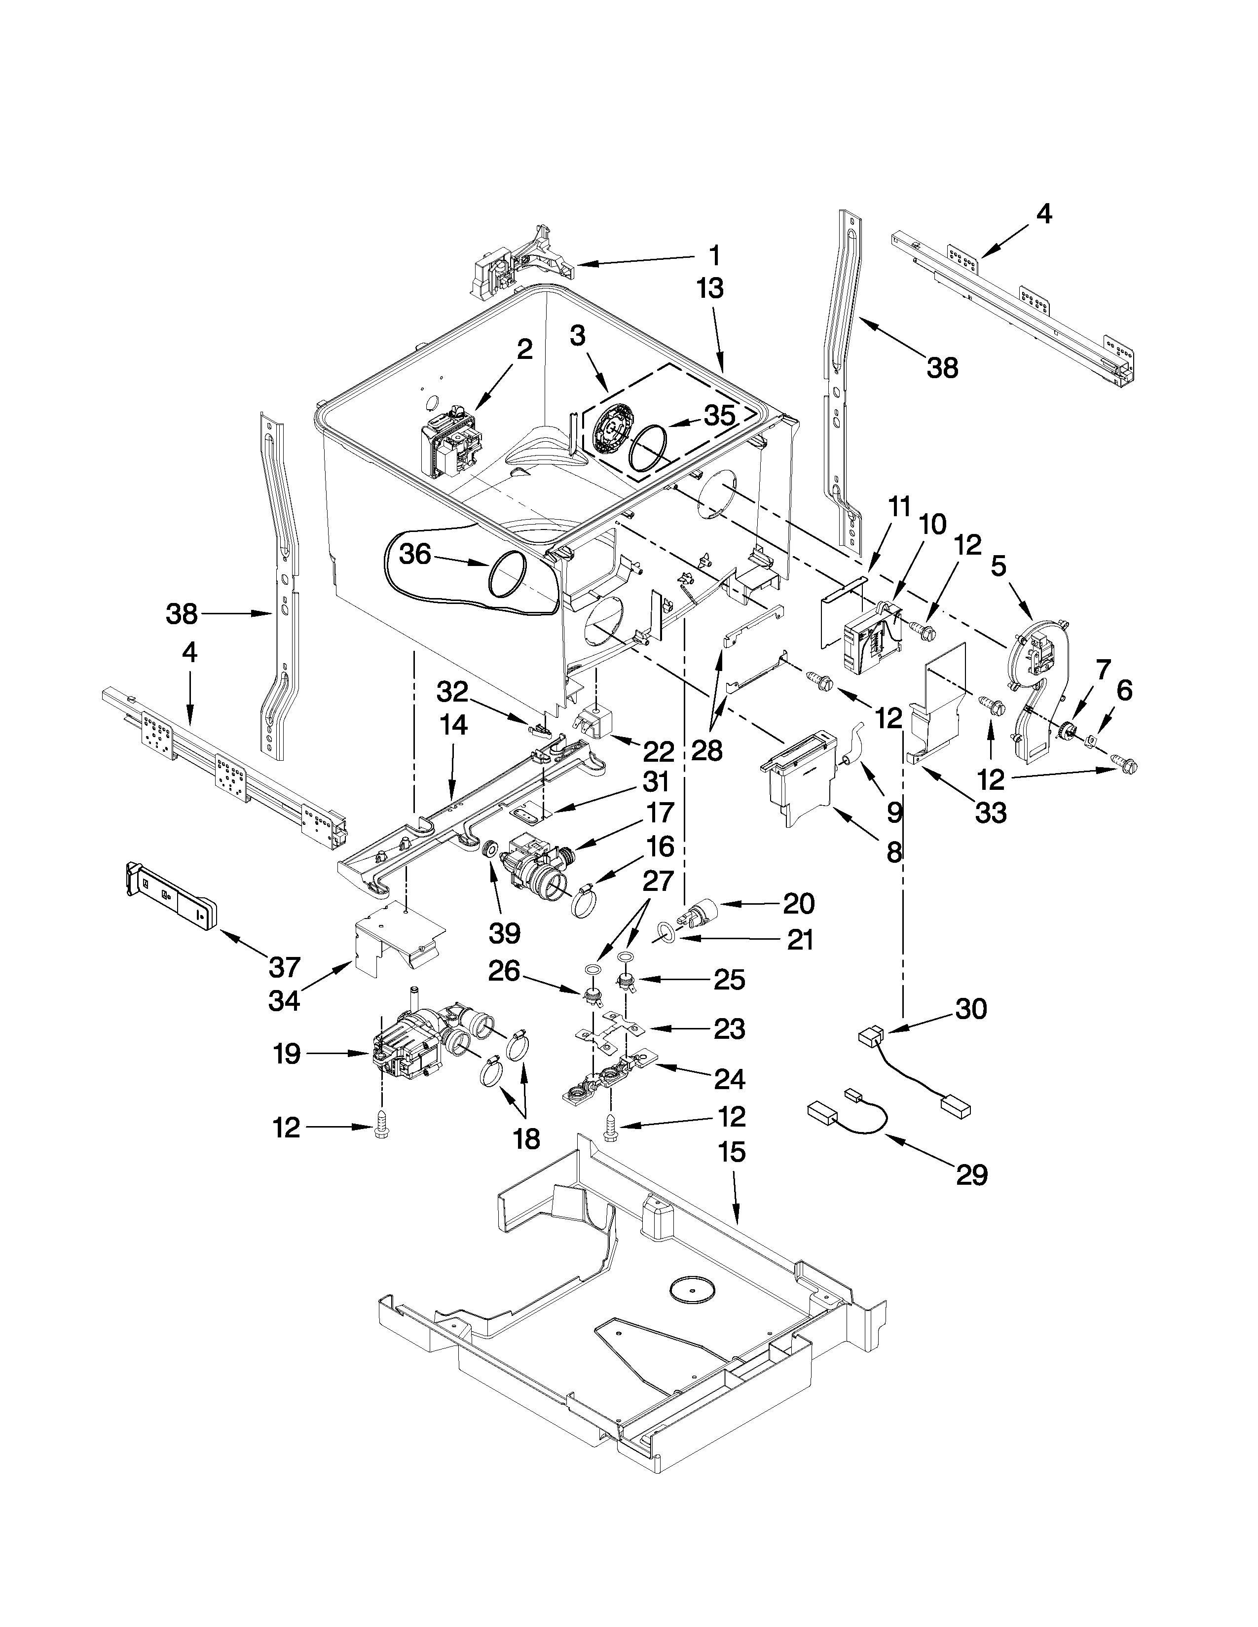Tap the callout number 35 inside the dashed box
[x=719, y=416]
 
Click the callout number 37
[x=284, y=967]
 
